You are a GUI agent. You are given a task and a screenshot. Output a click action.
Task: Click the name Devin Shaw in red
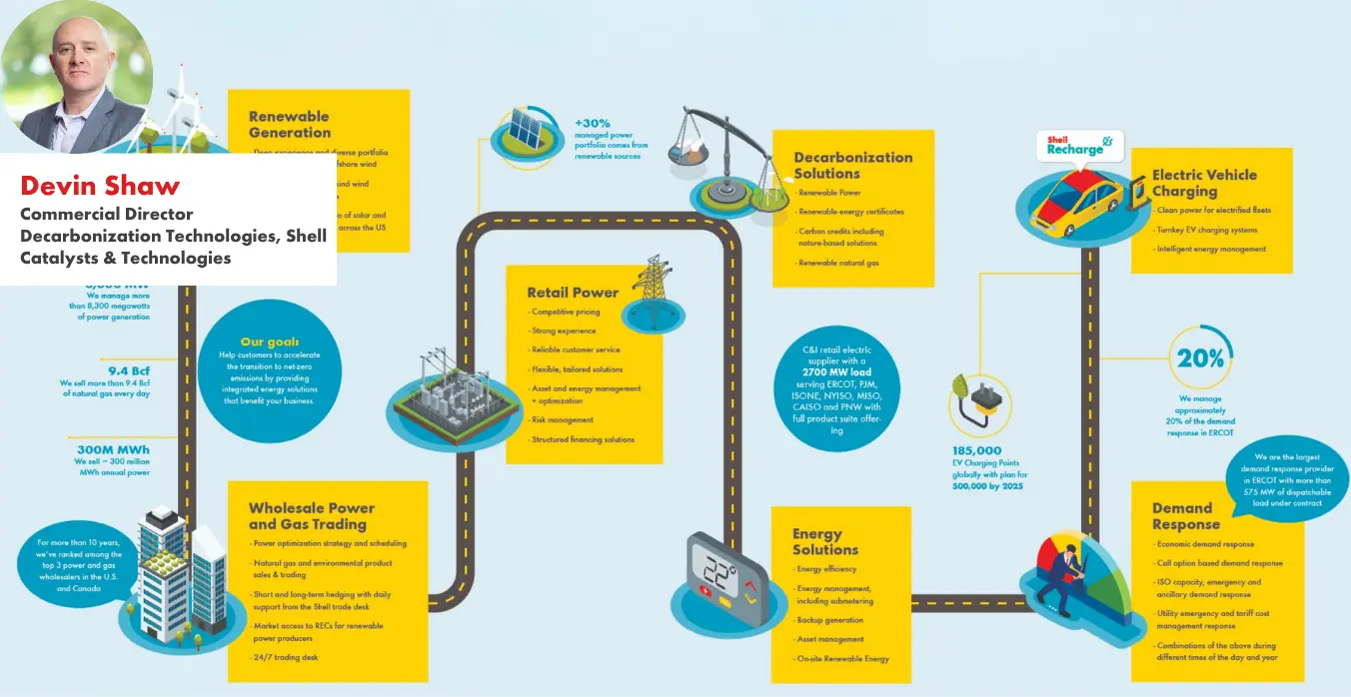point(100,185)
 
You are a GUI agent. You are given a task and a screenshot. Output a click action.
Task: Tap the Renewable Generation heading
point(290,124)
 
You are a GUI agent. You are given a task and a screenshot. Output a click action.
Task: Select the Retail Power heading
point(573,293)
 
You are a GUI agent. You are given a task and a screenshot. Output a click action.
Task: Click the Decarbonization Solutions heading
point(852,165)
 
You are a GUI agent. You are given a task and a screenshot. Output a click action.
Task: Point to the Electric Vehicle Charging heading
point(1204,183)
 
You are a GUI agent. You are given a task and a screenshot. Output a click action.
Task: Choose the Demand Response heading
point(1186,516)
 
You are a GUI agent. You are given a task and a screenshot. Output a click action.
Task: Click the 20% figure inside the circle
point(1200,358)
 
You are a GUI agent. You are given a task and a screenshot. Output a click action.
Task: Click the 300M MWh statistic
point(113,450)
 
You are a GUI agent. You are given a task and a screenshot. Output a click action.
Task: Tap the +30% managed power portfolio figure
point(593,123)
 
